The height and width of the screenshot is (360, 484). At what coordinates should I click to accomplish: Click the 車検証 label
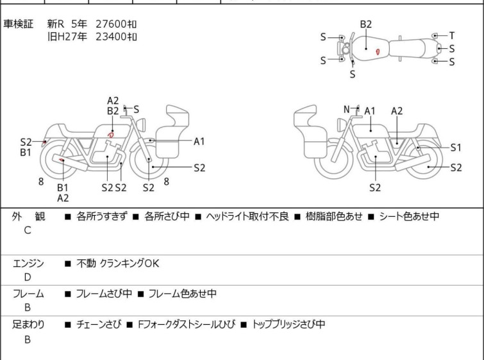[x=19, y=24]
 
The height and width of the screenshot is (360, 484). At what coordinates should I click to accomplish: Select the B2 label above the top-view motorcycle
[x=365, y=24]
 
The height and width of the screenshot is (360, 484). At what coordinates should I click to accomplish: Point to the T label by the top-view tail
[x=452, y=35]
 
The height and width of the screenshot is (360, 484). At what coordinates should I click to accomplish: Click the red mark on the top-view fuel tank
[x=379, y=50]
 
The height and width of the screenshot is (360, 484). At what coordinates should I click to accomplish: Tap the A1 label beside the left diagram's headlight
[x=199, y=141]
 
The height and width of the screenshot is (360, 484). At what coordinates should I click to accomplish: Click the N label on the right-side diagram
[x=347, y=109]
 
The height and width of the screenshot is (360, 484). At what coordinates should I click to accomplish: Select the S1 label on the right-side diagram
[x=456, y=147]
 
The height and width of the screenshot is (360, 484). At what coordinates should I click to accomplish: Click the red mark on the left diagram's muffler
[x=62, y=160]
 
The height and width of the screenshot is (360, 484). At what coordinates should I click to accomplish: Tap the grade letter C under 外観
[x=27, y=230]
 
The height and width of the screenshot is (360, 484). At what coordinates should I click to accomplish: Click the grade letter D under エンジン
[x=27, y=277]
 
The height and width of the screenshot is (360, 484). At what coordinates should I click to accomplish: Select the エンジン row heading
[x=28, y=263]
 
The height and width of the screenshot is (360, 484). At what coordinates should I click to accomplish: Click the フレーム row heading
[x=28, y=294]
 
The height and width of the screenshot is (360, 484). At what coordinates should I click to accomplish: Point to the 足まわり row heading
[x=28, y=325]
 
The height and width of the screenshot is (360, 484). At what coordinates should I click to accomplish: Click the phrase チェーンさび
[x=97, y=325]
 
